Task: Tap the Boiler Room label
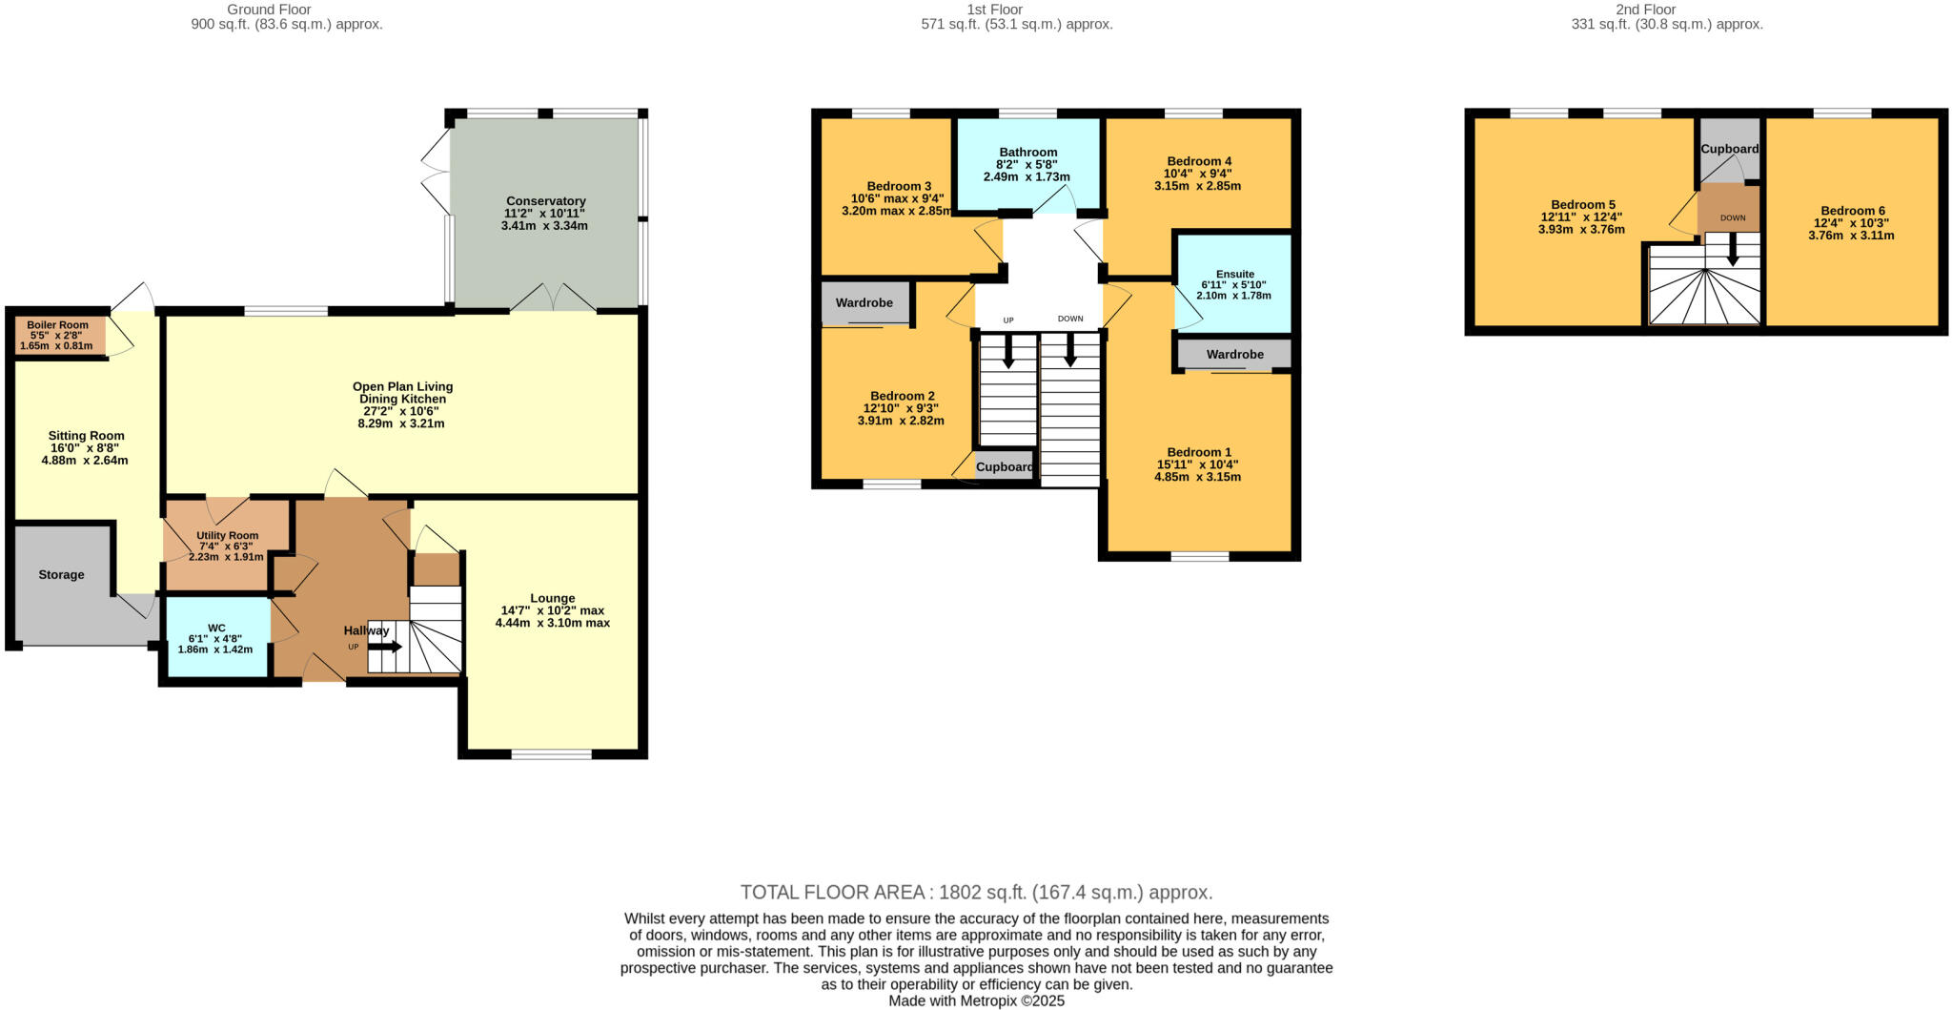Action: pyautogui.click(x=57, y=325)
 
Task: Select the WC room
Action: pyautogui.click(x=217, y=637)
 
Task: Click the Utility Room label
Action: pyautogui.click(x=228, y=536)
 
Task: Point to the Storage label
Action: pyautogui.click(x=61, y=575)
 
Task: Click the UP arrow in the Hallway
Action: pyautogui.click(x=385, y=647)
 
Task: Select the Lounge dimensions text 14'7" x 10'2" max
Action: pyautogui.click(x=553, y=610)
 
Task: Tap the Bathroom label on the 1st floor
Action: pyautogui.click(x=1027, y=153)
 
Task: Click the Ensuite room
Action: pyautogui.click(x=1234, y=283)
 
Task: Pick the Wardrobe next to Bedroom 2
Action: pyautogui.click(x=864, y=303)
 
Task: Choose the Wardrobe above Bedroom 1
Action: pyautogui.click(x=1234, y=355)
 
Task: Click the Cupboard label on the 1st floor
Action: pyautogui.click(x=1005, y=467)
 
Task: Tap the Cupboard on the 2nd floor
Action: pyautogui.click(x=1730, y=150)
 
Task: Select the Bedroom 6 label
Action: pyautogui.click(x=1852, y=211)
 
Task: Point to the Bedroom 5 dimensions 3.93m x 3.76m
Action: pyautogui.click(x=1581, y=230)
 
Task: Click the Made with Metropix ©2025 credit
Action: pyautogui.click(x=976, y=1001)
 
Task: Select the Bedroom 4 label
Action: pyautogui.click(x=1198, y=161)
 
